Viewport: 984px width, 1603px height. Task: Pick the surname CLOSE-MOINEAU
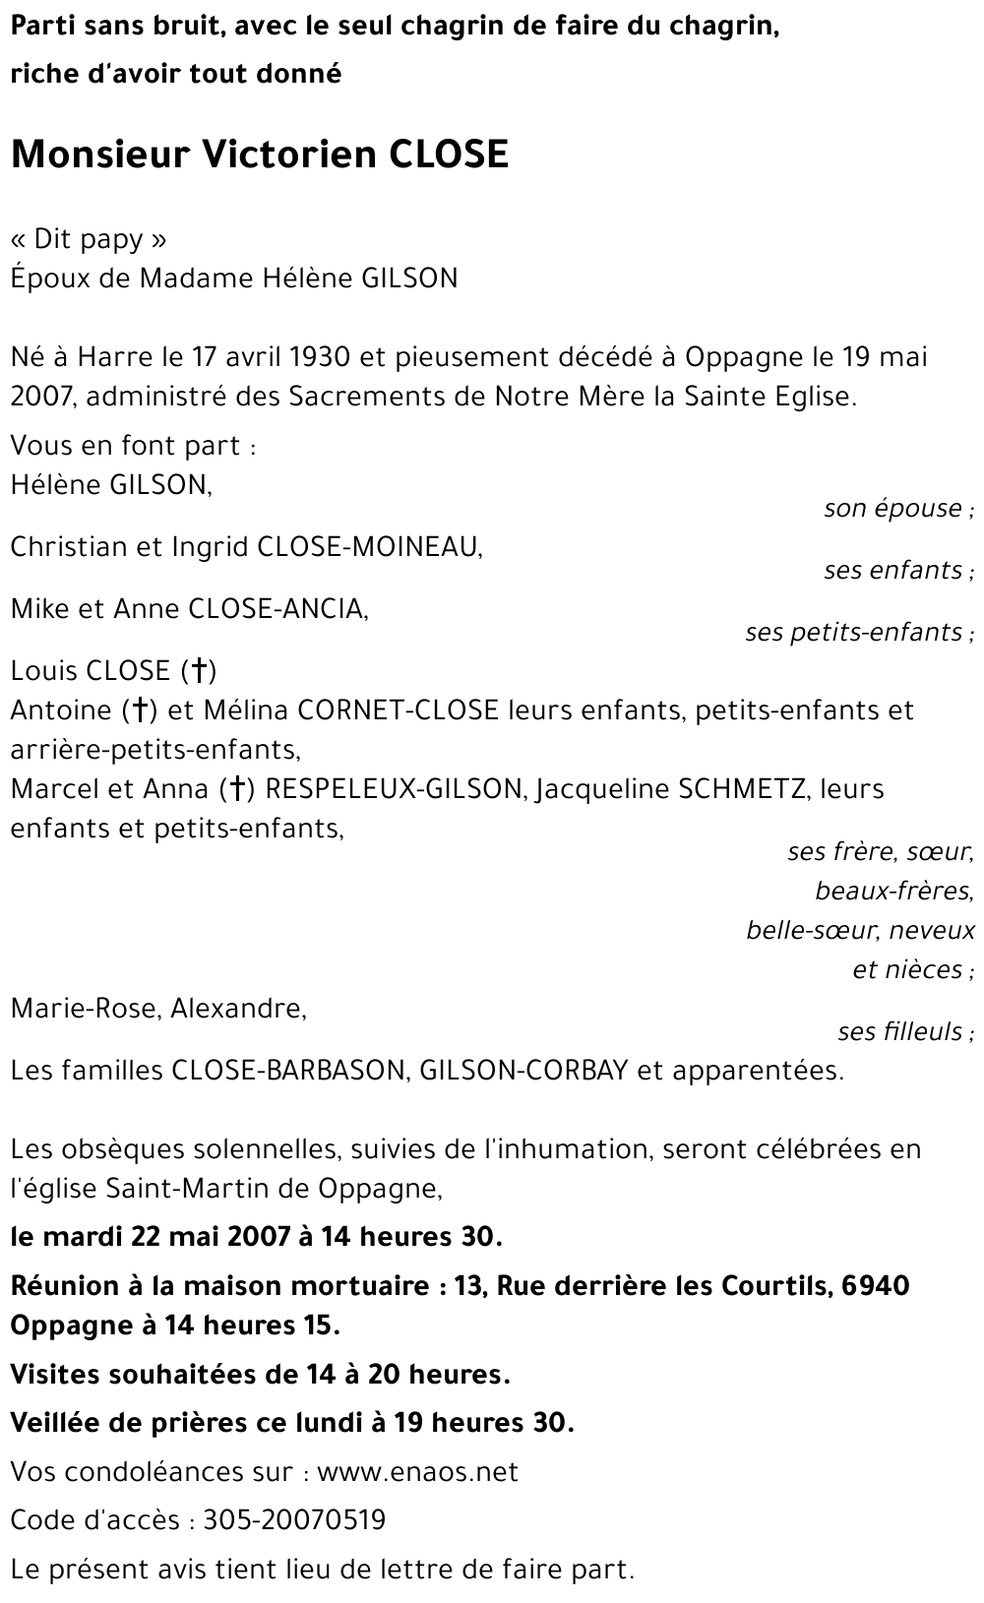[368, 547]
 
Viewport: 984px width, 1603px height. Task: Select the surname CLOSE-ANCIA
[277, 609]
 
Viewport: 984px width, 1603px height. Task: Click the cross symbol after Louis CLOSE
[198, 671]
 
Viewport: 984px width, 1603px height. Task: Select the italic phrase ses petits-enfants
[854, 632]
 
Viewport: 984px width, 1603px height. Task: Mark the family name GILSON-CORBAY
[523, 1071]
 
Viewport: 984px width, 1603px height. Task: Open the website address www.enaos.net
[417, 1472]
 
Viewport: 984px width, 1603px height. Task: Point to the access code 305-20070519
[294, 1520]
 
